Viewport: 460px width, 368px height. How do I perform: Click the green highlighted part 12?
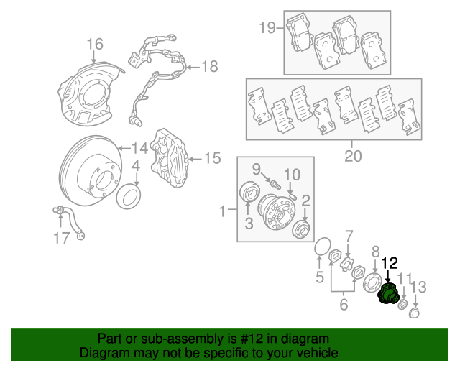[389, 295]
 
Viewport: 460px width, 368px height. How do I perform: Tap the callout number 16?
[95, 45]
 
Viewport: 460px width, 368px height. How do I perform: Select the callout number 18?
[208, 67]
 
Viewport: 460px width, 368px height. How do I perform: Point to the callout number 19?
[267, 28]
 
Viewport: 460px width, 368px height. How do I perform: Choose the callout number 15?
[212, 157]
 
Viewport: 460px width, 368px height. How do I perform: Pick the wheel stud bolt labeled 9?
[272, 184]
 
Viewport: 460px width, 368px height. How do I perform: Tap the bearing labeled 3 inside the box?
[250, 195]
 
